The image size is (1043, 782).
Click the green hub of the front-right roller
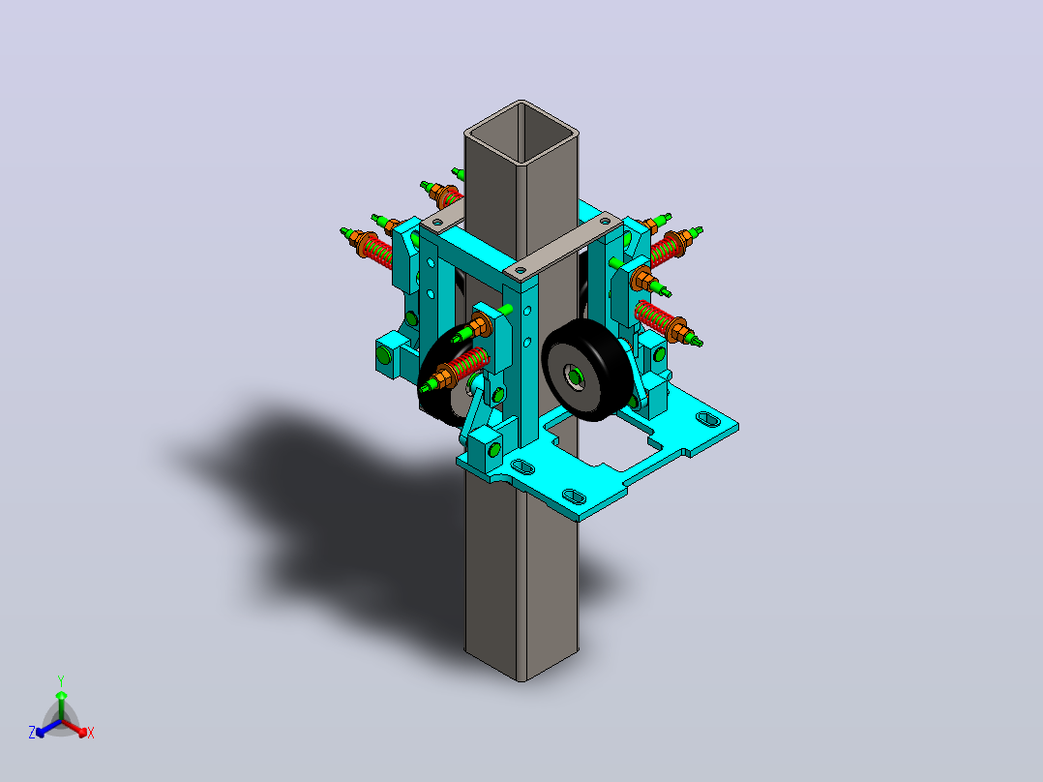tap(575, 377)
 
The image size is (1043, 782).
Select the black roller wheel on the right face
tap(585, 370)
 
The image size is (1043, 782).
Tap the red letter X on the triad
tap(91, 733)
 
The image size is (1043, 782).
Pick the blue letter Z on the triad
tap(31, 732)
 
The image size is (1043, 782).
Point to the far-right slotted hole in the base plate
tap(707, 419)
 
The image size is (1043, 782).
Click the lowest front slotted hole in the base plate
tap(574, 496)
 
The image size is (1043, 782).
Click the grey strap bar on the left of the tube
tap(442, 216)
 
